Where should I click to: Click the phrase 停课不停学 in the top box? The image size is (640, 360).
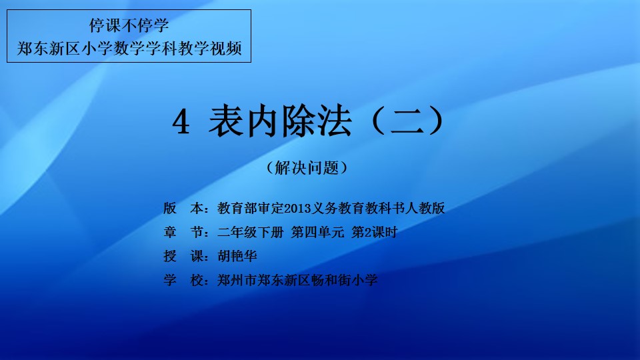129,25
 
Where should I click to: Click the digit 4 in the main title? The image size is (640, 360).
181,122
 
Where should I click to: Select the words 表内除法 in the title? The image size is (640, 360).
280,121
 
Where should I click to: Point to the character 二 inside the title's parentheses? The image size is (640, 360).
407,121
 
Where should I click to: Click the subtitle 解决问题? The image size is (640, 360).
307,168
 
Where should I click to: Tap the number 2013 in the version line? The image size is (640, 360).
297,209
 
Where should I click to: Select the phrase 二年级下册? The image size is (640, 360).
250,232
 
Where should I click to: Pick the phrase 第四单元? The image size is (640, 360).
317,232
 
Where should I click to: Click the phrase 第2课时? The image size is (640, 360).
374,232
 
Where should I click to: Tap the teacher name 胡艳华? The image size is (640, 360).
237,256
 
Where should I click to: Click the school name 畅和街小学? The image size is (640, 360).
344,280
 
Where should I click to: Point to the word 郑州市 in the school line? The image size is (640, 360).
237,280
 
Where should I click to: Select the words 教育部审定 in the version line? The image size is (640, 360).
250,209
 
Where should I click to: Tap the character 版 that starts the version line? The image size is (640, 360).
170,209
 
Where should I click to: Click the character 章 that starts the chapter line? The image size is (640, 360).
170,232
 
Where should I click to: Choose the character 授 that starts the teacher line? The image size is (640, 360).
170,256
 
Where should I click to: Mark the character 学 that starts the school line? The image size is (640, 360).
170,280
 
